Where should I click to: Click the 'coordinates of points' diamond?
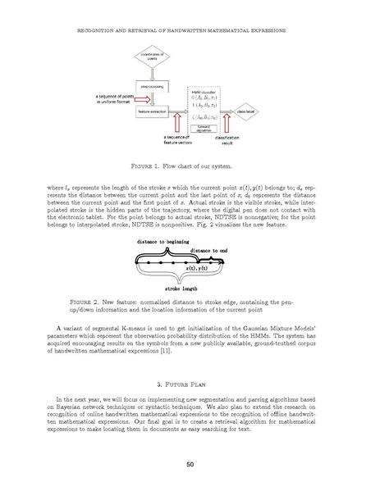tap(154, 58)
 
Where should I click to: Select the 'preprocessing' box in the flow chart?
tap(154, 84)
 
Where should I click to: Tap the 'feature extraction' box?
tap(154, 110)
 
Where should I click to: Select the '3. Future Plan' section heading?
tap(190, 384)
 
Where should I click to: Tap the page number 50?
tap(190, 466)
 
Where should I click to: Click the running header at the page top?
tap(190, 30)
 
